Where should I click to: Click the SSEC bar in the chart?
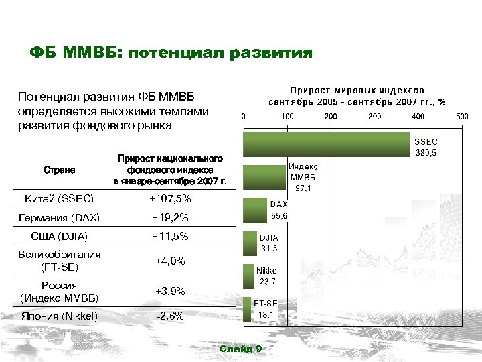point(326,144)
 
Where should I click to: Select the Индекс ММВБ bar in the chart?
point(264,176)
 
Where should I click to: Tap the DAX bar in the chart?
point(255,209)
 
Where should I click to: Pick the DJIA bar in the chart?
point(250,242)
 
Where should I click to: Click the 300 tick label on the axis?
point(374,117)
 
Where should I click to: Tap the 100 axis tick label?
point(287,117)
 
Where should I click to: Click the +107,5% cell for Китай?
point(171,199)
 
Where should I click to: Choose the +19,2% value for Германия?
point(171,218)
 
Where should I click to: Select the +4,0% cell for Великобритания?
point(171,261)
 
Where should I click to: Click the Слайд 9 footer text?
point(240,349)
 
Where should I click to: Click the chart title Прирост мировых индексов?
point(357,89)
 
